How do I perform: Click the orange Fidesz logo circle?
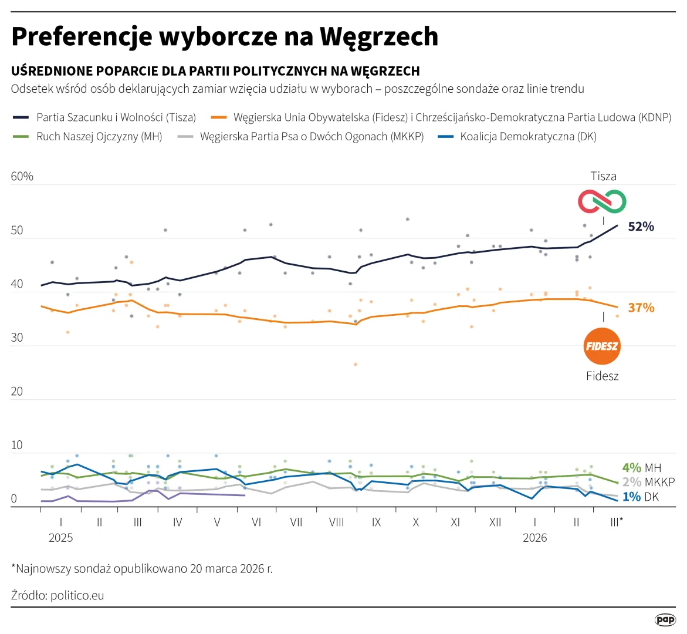pos(603,346)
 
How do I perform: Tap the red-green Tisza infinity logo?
pos(603,201)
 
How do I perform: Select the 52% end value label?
pos(641,227)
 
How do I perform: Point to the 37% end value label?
pos(641,308)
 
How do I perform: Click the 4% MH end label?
pos(641,468)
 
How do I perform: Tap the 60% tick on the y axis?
pos(22,177)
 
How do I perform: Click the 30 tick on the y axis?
pos(17,338)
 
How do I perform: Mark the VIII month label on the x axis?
pos(336,522)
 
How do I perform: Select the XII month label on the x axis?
pos(495,522)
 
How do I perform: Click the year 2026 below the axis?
pos(534,538)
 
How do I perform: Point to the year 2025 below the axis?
pos(60,538)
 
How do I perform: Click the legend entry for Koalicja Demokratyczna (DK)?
pos(527,137)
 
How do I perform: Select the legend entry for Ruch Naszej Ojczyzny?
pos(99,137)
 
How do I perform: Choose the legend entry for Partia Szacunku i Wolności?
pos(116,117)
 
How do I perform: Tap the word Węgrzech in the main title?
pos(379,36)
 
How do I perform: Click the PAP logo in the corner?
pos(665,619)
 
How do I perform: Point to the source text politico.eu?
pos(77,595)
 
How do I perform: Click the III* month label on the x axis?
pos(616,522)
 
